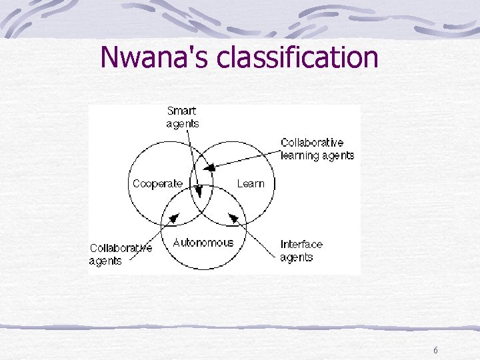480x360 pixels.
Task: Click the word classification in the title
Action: [x=297, y=57]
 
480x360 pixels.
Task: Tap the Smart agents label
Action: [x=182, y=117]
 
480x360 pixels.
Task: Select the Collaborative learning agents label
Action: [x=317, y=149]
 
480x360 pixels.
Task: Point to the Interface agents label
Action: [x=301, y=250]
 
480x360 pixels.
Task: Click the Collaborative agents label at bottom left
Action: [x=121, y=254]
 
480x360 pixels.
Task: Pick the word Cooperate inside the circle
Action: [x=157, y=183]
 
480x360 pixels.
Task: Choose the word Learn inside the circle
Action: [x=251, y=183]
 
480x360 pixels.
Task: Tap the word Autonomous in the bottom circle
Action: [x=203, y=243]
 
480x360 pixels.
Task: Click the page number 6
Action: [x=435, y=351]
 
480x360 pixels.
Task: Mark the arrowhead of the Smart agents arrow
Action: [x=199, y=194]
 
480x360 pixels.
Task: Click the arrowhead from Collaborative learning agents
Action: [x=209, y=168]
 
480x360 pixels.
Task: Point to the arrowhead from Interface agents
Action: [x=233, y=216]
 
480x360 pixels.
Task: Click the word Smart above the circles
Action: [x=181, y=111]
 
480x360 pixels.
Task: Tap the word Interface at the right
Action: [x=301, y=244]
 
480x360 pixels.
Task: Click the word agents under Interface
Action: [x=297, y=257]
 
